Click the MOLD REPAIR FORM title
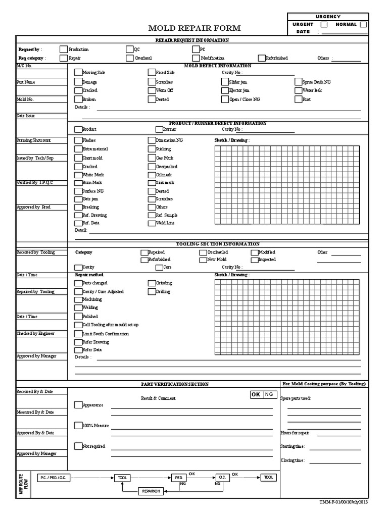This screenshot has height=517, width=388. (x=194, y=28)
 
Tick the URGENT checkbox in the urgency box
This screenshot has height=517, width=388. (x=324, y=24)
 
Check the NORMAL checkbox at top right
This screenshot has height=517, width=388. (x=363, y=24)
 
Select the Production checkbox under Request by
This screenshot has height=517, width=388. (x=63, y=49)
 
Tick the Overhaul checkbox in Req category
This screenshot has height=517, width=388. (x=130, y=58)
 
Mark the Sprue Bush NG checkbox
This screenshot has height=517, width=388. (x=299, y=82)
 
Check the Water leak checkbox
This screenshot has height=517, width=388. (x=299, y=90)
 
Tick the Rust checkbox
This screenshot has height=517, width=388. (x=299, y=99)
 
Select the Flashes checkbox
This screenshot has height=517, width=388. (x=78, y=140)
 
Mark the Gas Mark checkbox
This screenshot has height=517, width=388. (x=152, y=158)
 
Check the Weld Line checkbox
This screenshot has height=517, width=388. (x=152, y=223)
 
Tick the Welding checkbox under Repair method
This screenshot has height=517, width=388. (x=78, y=307)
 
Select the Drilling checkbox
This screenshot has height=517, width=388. (x=152, y=292)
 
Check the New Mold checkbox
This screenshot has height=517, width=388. (x=203, y=260)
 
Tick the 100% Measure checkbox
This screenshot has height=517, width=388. (x=78, y=426)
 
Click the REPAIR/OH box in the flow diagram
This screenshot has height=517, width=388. (x=151, y=491)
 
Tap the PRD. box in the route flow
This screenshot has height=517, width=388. (x=179, y=477)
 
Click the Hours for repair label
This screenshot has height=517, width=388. (x=295, y=433)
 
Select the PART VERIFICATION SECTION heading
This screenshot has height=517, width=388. (x=174, y=384)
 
